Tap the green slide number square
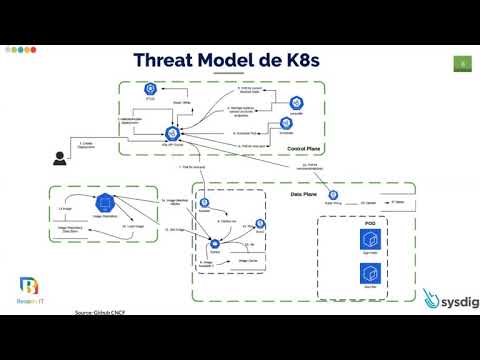tap(462, 65)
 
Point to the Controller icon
tap(297, 101)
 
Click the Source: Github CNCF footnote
tap(106, 312)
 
